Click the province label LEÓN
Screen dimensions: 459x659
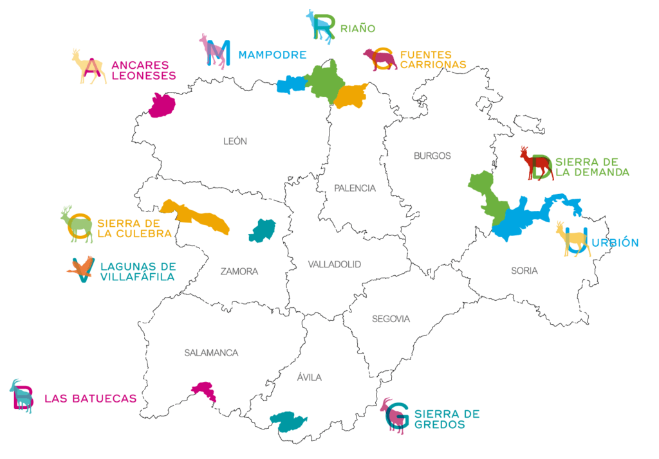coord(235,141)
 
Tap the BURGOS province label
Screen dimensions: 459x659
coord(432,156)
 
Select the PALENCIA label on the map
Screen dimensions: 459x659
coord(355,188)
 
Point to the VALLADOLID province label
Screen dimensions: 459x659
coord(334,264)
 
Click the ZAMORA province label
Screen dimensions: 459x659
coord(239,272)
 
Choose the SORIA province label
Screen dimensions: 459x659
coord(524,271)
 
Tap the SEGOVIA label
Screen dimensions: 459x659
coord(390,319)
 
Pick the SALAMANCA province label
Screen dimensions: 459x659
coord(211,353)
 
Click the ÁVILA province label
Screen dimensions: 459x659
coord(310,377)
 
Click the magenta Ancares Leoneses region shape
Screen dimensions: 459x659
coord(162,105)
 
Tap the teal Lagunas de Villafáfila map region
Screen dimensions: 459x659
coord(262,230)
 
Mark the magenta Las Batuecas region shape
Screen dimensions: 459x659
coord(205,391)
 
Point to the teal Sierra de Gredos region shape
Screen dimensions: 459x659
coord(288,422)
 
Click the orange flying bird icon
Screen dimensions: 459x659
coord(81,268)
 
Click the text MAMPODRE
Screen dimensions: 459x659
coord(272,55)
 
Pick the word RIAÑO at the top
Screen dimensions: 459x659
coord(358,28)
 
